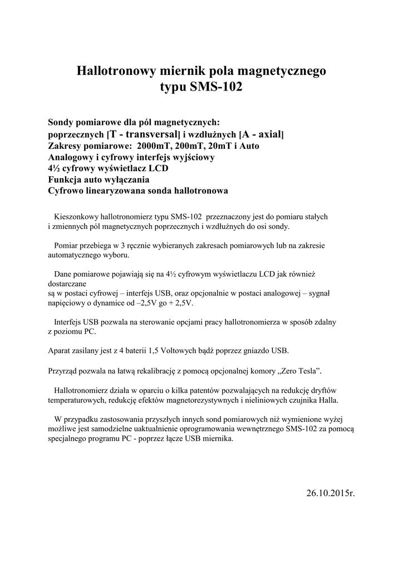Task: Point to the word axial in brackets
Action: point(269,134)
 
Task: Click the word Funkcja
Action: point(65,180)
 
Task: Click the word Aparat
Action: point(60,351)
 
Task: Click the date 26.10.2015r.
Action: point(330,493)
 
